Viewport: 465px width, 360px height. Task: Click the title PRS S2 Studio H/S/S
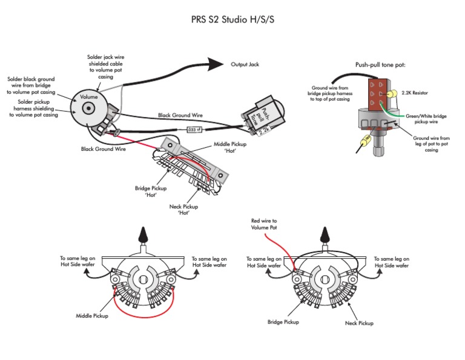tap(232, 19)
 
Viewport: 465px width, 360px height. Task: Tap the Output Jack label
tap(245, 64)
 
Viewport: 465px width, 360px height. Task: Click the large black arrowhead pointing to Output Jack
tap(216, 64)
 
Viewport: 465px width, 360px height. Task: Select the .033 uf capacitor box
tap(194, 130)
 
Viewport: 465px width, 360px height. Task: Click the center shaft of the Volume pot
tap(88, 108)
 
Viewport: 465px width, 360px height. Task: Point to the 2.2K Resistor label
tap(415, 93)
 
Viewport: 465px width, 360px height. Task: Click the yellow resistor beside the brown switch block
tap(392, 94)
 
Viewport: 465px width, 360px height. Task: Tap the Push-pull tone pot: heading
tap(380, 65)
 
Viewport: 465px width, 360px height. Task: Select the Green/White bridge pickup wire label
tap(426, 119)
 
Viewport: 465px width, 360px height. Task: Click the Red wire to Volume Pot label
tap(263, 224)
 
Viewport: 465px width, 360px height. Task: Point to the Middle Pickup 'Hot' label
tap(230, 147)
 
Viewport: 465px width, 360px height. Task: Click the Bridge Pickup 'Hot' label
tap(151, 192)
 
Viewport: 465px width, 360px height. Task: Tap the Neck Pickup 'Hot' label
tap(183, 210)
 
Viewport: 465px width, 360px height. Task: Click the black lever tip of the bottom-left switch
tap(143, 235)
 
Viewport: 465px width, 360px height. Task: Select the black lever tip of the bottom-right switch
tap(325, 235)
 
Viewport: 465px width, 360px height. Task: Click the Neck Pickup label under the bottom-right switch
tap(359, 323)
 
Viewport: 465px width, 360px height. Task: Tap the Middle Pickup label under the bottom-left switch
tap(92, 316)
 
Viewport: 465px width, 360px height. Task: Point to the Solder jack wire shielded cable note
tap(105, 67)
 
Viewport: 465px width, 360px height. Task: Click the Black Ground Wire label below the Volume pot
tap(103, 149)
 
